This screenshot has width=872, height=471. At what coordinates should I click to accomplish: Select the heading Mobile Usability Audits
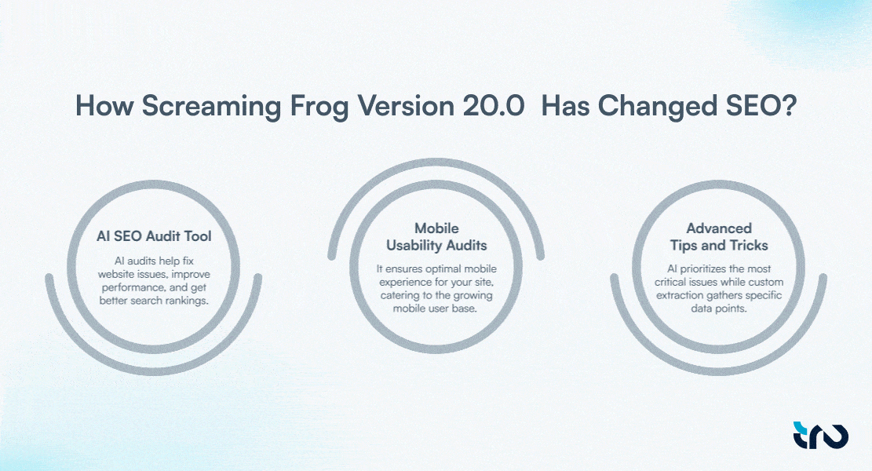(436, 235)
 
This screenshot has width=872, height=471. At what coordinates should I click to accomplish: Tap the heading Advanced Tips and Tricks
(719, 235)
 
